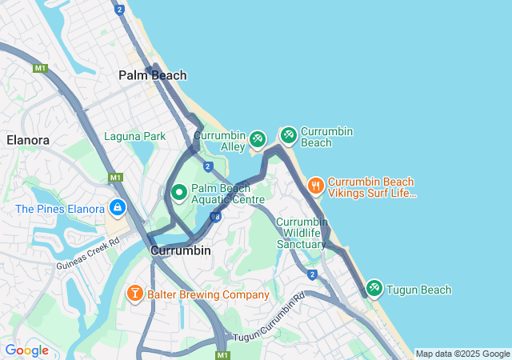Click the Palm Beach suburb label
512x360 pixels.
(x=152, y=75)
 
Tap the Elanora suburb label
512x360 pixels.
(x=28, y=140)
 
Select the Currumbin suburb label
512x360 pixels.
(x=181, y=250)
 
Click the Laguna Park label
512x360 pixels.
(x=134, y=136)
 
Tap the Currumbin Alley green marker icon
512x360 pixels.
(x=257, y=140)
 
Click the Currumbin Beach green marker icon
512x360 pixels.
(x=288, y=136)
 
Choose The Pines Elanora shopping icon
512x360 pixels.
(x=118, y=209)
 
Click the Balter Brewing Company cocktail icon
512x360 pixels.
(x=135, y=294)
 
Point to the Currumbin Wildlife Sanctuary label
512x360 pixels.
(x=302, y=233)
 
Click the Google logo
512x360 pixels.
(x=26, y=350)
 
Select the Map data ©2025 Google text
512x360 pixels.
(x=462, y=354)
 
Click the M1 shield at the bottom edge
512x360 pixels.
(x=222, y=354)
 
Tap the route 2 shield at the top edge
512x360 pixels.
(x=119, y=10)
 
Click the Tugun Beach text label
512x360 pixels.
(x=419, y=290)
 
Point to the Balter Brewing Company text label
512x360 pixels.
(x=208, y=294)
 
